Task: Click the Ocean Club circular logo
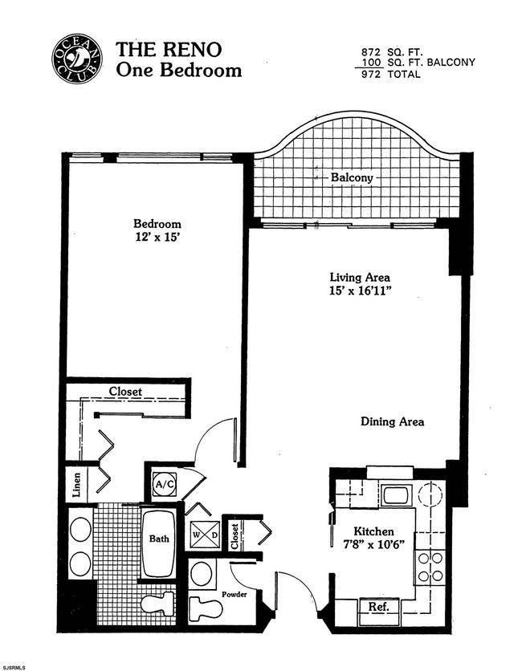pos(79,58)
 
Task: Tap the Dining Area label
pos(392,421)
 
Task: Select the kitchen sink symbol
pos(396,494)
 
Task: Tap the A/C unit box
pos(165,484)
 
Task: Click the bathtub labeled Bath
pos(158,543)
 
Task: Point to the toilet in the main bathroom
pos(157,603)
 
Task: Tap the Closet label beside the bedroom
pos(125,392)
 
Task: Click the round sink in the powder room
pos(202,574)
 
